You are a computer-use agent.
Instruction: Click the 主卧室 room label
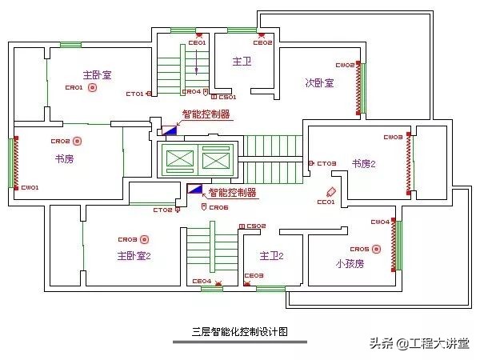pyautogui.click(x=97, y=74)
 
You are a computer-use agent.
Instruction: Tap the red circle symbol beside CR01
pyautogui.click(x=93, y=87)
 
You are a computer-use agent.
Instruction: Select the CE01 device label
pyautogui.click(x=198, y=42)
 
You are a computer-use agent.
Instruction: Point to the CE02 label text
pyautogui.click(x=264, y=42)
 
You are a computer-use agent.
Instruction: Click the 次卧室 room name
pyautogui.click(x=319, y=83)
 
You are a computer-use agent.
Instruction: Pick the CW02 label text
pyautogui.click(x=345, y=65)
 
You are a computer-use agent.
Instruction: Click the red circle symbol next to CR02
pyautogui.click(x=78, y=142)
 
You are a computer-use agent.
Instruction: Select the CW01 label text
pyautogui.click(x=30, y=187)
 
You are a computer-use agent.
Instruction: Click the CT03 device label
pyautogui.click(x=326, y=164)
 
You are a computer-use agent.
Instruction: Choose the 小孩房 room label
pyautogui.click(x=350, y=262)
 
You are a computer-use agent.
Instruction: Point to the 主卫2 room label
pyautogui.click(x=271, y=255)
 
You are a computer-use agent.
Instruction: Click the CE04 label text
pyautogui.click(x=202, y=281)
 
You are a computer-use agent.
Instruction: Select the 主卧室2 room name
pyautogui.click(x=134, y=256)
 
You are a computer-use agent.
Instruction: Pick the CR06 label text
pyautogui.click(x=218, y=207)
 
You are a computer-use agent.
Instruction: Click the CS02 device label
pyautogui.click(x=256, y=226)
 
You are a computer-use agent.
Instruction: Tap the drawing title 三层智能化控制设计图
pyautogui.click(x=239, y=330)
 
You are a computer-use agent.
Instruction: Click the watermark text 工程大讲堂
pyautogui.click(x=441, y=344)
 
